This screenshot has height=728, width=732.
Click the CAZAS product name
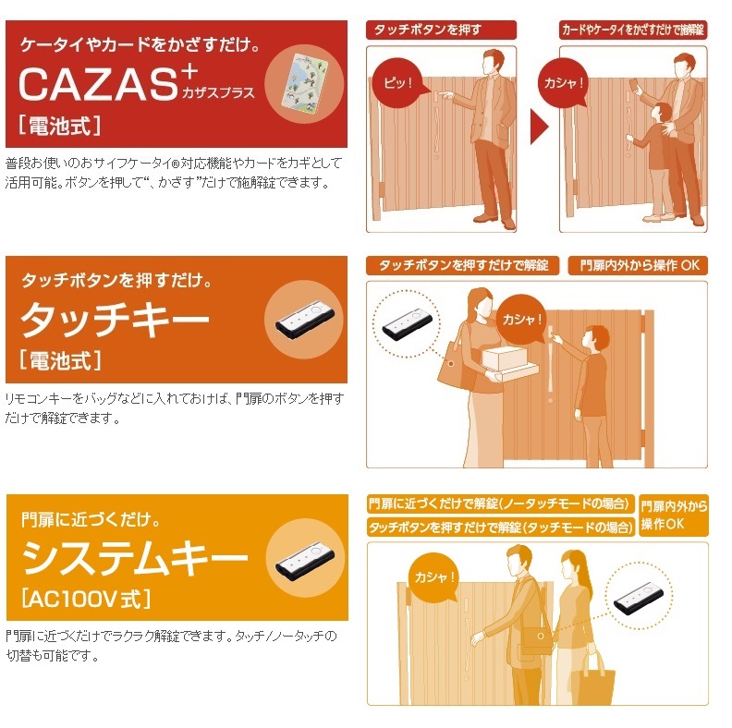[x=99, y=84]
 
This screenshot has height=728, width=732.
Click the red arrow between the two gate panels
[x=539, y=127]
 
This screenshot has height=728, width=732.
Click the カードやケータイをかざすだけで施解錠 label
[x=633, y=30]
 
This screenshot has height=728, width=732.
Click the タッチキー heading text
[x=115, y=320]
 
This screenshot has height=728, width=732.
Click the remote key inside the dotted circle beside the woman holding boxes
[x=407, y=324]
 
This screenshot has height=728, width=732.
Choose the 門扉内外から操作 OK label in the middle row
[x=638, y=265]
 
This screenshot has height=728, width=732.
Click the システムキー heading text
[x=134, y=557]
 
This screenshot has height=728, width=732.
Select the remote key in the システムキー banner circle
[x=305, y=561]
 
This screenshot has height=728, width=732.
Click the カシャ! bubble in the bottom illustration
[x=433, y=578]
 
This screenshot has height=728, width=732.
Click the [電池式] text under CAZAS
[x=59, y=126]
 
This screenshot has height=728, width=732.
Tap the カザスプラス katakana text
[x=218, y=93]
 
